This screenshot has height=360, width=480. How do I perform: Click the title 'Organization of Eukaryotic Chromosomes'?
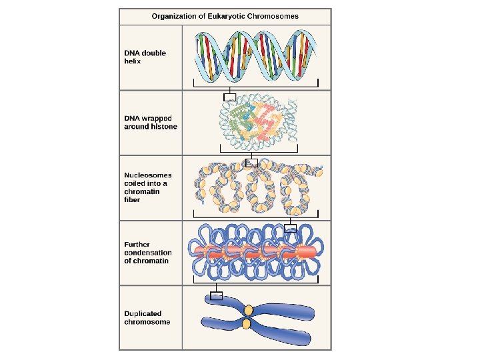225,16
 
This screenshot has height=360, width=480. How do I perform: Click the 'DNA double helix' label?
145,57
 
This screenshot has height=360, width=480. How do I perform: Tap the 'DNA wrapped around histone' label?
151,123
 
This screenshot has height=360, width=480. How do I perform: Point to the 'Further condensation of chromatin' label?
147,253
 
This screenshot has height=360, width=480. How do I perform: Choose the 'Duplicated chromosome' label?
147,318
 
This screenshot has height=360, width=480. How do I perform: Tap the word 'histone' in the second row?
165,127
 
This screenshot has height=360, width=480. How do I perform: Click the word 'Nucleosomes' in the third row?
147,175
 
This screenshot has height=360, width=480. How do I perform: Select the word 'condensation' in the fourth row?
147,253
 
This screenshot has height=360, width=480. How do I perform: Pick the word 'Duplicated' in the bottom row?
143,313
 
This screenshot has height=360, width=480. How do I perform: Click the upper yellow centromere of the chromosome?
248,310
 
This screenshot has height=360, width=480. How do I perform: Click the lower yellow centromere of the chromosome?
247,325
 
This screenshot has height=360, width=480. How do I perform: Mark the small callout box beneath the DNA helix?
229,97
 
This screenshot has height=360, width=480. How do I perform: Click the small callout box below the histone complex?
251,163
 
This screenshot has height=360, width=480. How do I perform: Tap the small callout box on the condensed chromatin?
290,228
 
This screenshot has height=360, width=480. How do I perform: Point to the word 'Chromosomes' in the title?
275,16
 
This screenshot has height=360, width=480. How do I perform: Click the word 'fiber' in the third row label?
132,199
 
